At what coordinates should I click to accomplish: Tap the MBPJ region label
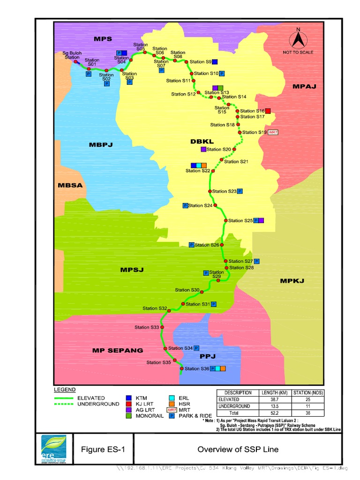101,145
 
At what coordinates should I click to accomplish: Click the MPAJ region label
305,86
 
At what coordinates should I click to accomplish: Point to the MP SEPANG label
117,350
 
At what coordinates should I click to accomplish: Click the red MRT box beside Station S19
274,132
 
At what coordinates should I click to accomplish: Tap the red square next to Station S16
268,111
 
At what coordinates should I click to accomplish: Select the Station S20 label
219,150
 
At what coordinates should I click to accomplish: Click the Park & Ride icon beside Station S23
240,191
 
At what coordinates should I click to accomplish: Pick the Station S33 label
147,327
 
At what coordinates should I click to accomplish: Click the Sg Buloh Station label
72,55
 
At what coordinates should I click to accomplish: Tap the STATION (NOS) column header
308,393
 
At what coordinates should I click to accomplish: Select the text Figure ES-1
99,450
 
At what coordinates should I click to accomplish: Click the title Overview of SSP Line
238,450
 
